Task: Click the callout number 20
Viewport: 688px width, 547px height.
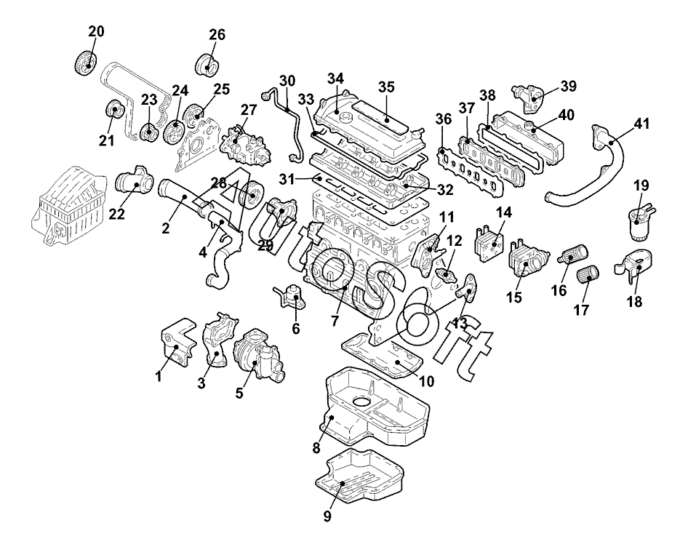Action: tap(97, 31)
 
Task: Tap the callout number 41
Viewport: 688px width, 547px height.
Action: tap(641, 124)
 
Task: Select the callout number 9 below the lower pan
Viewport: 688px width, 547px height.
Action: tap(328, 516)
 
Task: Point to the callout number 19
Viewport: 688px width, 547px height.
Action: tap(641, 185)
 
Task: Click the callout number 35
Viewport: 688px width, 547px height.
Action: tap(387, 87)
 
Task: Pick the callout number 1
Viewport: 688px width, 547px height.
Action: tap(159, 376)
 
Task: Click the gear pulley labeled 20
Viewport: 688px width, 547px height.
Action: tap(85, 64)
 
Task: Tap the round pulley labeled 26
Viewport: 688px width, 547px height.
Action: tap(208, 65)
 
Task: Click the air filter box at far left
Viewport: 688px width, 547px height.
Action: tap(68, 204)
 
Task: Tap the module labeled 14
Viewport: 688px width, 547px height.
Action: tap(489, 243)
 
